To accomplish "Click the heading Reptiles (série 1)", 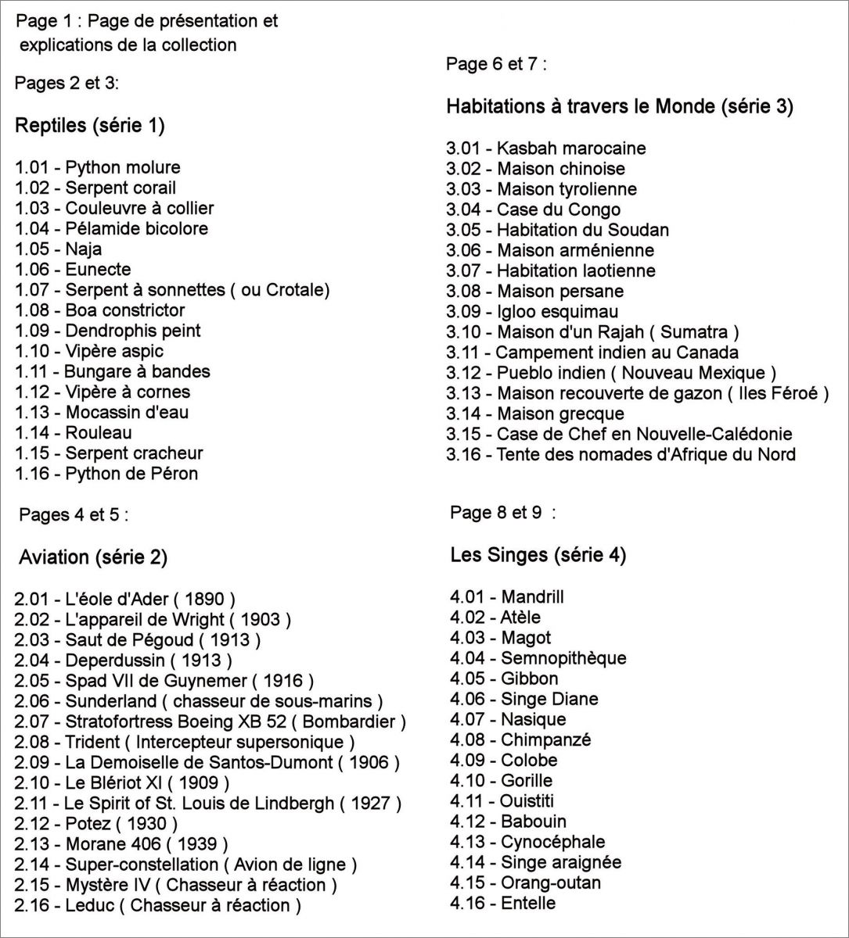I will click(90, 126).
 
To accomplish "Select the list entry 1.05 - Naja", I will click(59, 249).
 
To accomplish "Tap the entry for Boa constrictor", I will click(100, 310).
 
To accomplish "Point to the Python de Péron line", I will click(106, 474).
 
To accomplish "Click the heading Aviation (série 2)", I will click(93, 557).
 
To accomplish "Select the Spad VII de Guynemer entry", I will click(164, 682).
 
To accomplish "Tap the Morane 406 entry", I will click(121, 844).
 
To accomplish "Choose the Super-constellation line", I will click(185, 865).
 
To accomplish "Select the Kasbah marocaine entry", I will click(546, 149).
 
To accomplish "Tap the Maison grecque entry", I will click(535, 414).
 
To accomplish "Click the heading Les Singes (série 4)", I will click(538, 556).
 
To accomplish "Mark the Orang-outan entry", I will click(525, 883).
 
